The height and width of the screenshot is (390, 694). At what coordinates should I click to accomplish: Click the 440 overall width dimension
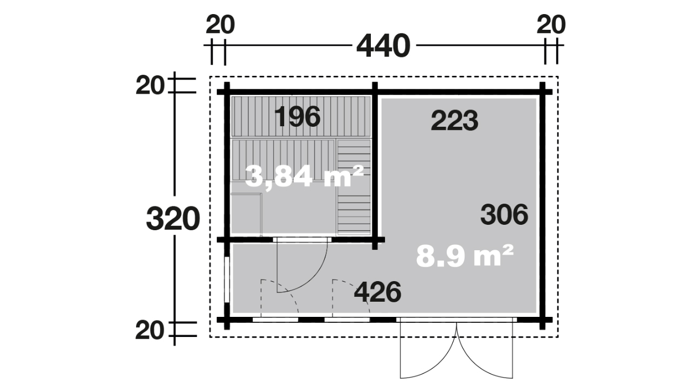pos(383,47)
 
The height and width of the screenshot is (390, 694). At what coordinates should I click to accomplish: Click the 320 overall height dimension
pos(173,219)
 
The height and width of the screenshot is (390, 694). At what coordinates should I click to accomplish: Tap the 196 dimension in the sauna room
pos(298,116)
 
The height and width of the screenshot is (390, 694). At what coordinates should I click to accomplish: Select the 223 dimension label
pos(454,121)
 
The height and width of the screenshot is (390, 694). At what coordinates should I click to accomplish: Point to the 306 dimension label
pos(504,214)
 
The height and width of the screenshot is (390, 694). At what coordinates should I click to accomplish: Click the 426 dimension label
pos(377,292)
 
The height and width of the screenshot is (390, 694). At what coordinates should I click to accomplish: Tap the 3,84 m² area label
pos(304,176)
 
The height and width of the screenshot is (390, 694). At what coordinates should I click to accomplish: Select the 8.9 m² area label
pos(465,256)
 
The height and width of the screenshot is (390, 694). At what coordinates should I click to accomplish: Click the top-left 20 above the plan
pos(220,25)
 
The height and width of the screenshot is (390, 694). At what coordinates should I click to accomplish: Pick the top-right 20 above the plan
pos(551,25)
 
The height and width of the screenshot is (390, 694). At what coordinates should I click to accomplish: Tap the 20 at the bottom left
pos(150,330)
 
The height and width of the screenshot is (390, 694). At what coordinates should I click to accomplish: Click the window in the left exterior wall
pos(227,279)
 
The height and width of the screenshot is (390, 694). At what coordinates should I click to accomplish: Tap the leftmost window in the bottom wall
pos(275,320)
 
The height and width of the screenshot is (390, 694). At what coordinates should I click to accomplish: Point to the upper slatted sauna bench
pos(301,116)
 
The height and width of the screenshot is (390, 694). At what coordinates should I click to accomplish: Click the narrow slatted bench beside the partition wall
pos(354,187)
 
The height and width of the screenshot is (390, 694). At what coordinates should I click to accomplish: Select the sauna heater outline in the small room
pos(247,213)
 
